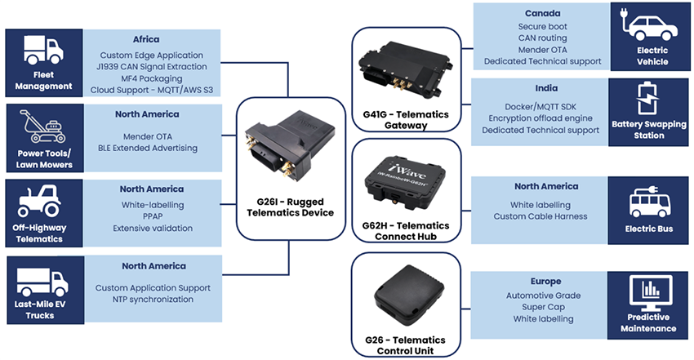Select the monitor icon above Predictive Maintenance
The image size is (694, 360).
click(x=651, y=290)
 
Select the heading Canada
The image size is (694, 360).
click(x=541, y=14)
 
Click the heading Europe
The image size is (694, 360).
click(x=541, y=282)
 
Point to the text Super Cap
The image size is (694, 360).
click(x=541, y=306)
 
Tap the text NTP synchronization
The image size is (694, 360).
click(x=153, y=300)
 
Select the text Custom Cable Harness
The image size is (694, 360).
click(x=541, y=216)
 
